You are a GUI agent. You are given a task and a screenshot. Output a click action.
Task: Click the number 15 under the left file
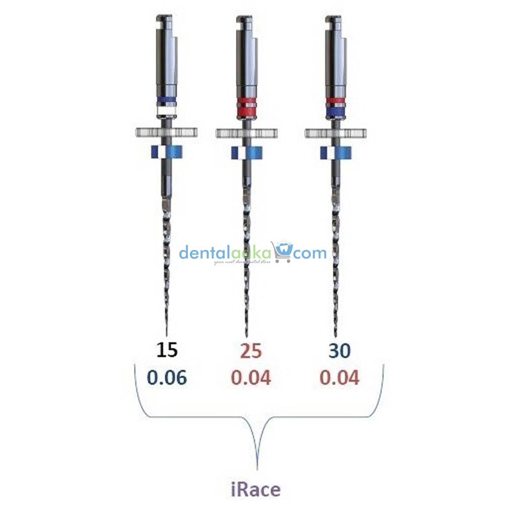point(166,350)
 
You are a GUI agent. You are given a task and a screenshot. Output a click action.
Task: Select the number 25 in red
point(251,350)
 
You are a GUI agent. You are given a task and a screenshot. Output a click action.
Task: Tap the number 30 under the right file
point(339,350)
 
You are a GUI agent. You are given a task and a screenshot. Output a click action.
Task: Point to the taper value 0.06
point(166,377)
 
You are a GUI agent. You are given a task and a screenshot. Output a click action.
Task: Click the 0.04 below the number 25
point(251,377)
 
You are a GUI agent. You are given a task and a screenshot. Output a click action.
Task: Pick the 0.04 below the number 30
point(339,377)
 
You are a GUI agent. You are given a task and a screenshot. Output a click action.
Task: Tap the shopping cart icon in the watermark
point(281,252)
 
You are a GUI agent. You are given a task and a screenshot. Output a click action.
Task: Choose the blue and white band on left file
point(166,105)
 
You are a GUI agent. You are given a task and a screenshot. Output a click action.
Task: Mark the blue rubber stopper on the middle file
point(246,152)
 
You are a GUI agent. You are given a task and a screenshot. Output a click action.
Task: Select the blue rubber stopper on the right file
point(336,152)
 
